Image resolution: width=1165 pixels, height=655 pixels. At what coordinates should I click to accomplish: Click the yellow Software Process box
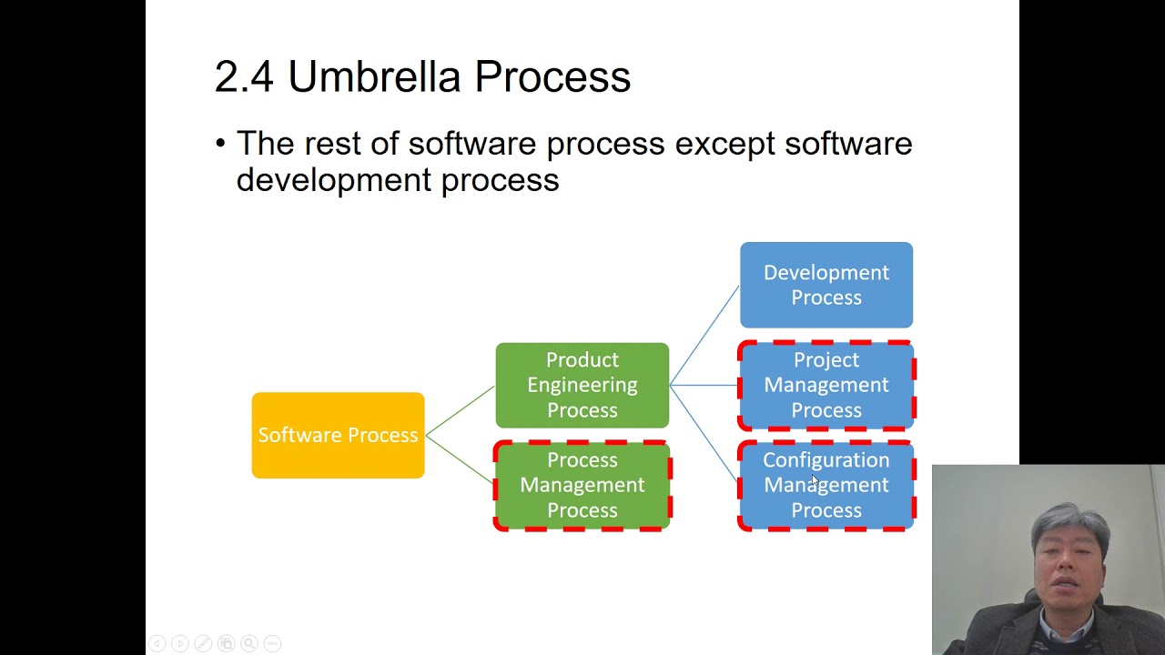338,435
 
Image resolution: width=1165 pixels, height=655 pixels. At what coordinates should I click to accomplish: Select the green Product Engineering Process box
582,385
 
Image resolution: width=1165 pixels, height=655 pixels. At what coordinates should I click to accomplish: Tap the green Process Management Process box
582,485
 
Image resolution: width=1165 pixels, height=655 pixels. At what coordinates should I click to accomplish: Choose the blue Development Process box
826,285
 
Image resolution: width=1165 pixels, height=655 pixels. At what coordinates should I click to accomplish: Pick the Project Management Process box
826,385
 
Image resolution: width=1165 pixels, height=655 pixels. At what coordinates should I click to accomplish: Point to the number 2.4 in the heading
243,76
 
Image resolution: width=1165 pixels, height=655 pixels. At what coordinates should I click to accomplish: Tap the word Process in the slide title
552,76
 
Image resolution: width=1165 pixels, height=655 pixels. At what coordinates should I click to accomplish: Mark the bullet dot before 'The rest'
220,144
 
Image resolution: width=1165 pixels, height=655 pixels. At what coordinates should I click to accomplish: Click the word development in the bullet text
333,180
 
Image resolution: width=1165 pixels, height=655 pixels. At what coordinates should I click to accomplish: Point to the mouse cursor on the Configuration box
815,479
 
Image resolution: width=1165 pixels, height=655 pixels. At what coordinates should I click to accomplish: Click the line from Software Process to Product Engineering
460,410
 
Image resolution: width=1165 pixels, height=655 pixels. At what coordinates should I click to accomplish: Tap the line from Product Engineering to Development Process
704,335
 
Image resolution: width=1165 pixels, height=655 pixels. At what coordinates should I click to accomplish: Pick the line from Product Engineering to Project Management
704,385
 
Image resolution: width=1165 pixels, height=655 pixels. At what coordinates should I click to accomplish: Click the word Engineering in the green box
582,385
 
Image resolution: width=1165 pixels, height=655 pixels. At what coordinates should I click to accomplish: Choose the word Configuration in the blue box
826,460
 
